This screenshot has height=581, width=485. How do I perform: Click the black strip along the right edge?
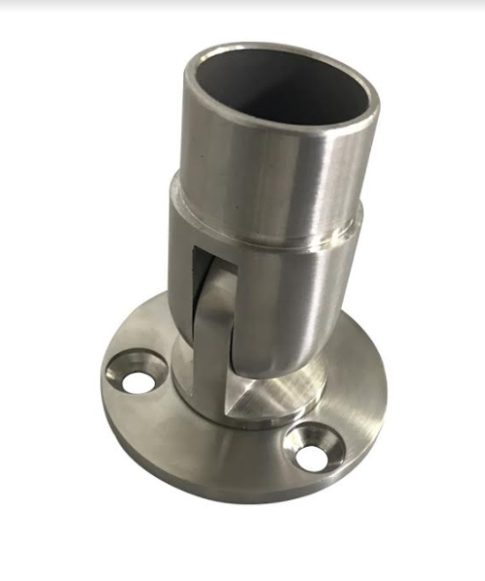[481, 292]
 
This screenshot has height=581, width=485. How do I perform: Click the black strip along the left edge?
[3, 292]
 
